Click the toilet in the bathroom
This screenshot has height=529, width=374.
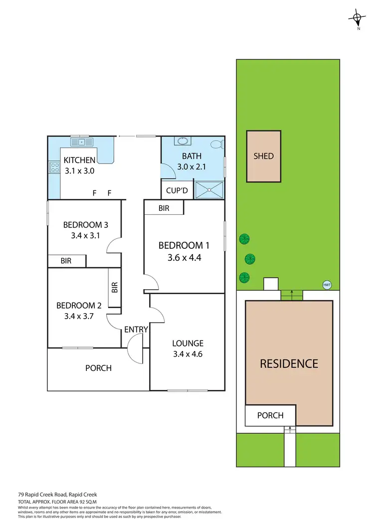coord(216,144)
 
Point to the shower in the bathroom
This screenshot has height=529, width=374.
coord(209,189)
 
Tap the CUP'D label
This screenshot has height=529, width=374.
coord(176,190)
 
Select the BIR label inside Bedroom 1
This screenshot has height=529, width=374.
coord(164,208)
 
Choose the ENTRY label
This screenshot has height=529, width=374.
coord(136,329)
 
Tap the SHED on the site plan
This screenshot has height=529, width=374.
coord(264,156)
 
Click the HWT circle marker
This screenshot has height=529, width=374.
coord(327,285)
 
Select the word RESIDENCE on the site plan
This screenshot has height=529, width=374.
coord(289,363)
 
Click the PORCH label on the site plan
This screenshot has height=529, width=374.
coord(270,415)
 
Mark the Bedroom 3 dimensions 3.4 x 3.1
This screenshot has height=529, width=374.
coord(85,235)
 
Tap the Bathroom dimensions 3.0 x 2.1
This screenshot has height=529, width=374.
coord(191,167)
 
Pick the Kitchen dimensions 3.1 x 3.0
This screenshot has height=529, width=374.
coord(79,171)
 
